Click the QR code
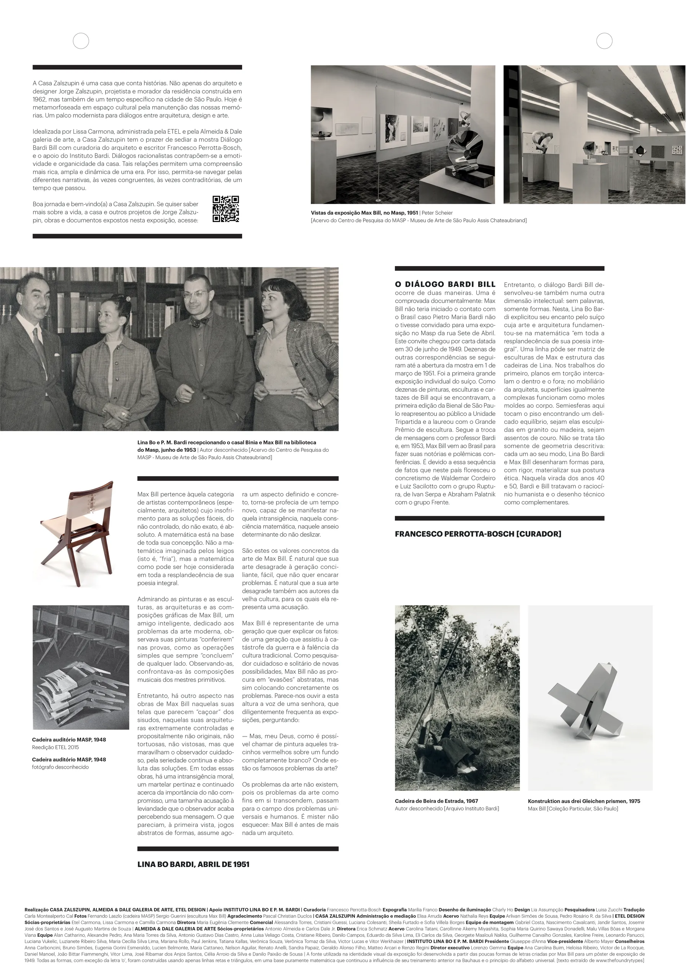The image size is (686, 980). pyautogui.click(x=225, y=209)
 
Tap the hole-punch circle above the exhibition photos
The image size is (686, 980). pyautogui.click(x=604, y=41)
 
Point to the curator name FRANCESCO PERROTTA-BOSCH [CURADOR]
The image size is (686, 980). pyautogui.click(x=478, y=534)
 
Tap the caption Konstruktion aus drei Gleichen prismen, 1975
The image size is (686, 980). pyautogui.click(x=583, y=801)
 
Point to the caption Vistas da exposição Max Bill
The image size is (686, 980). pyautogui.click(x=364, y=212)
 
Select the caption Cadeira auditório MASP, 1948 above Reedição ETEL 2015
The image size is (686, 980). pyautogui.click(x=69, y=739)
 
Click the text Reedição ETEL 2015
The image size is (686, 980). pyautogui.click(x=55, y=747)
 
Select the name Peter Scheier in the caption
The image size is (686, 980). pyautogui.click(x=437, y=212)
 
